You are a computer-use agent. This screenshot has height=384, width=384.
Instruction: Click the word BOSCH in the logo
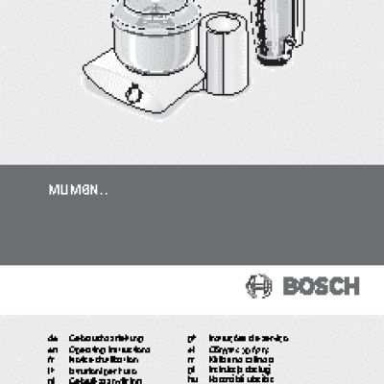point(319,286)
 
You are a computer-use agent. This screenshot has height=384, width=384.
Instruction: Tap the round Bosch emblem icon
point(259,286)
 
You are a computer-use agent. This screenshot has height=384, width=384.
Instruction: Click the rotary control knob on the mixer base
point(134,95)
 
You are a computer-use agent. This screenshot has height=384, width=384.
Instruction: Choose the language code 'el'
point(192,349)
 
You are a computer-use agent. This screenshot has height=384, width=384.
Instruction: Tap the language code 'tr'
point(192,359)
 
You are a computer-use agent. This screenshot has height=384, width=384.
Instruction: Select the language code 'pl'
point(192,370)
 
